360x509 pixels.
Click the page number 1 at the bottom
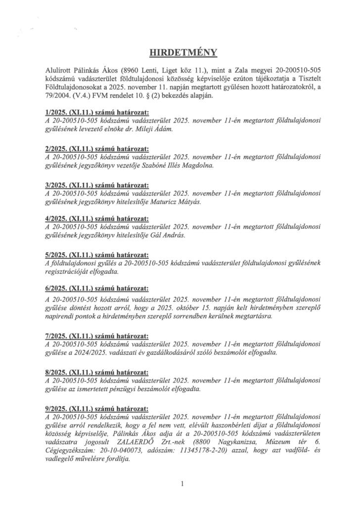click(x=182, y=484)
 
